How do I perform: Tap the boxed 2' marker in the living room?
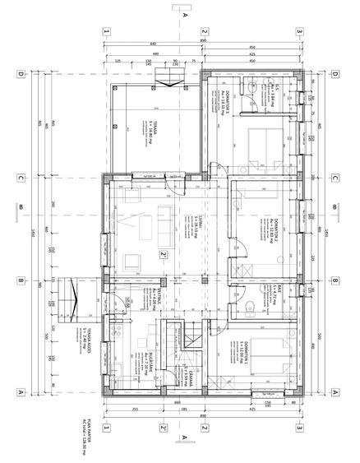tap(164, 255)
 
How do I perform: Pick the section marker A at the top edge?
tap(186, 15)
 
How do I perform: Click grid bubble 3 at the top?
tap(300, 31)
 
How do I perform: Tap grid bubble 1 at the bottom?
tap(106, 427)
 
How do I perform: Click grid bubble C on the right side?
tap(336, 177)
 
